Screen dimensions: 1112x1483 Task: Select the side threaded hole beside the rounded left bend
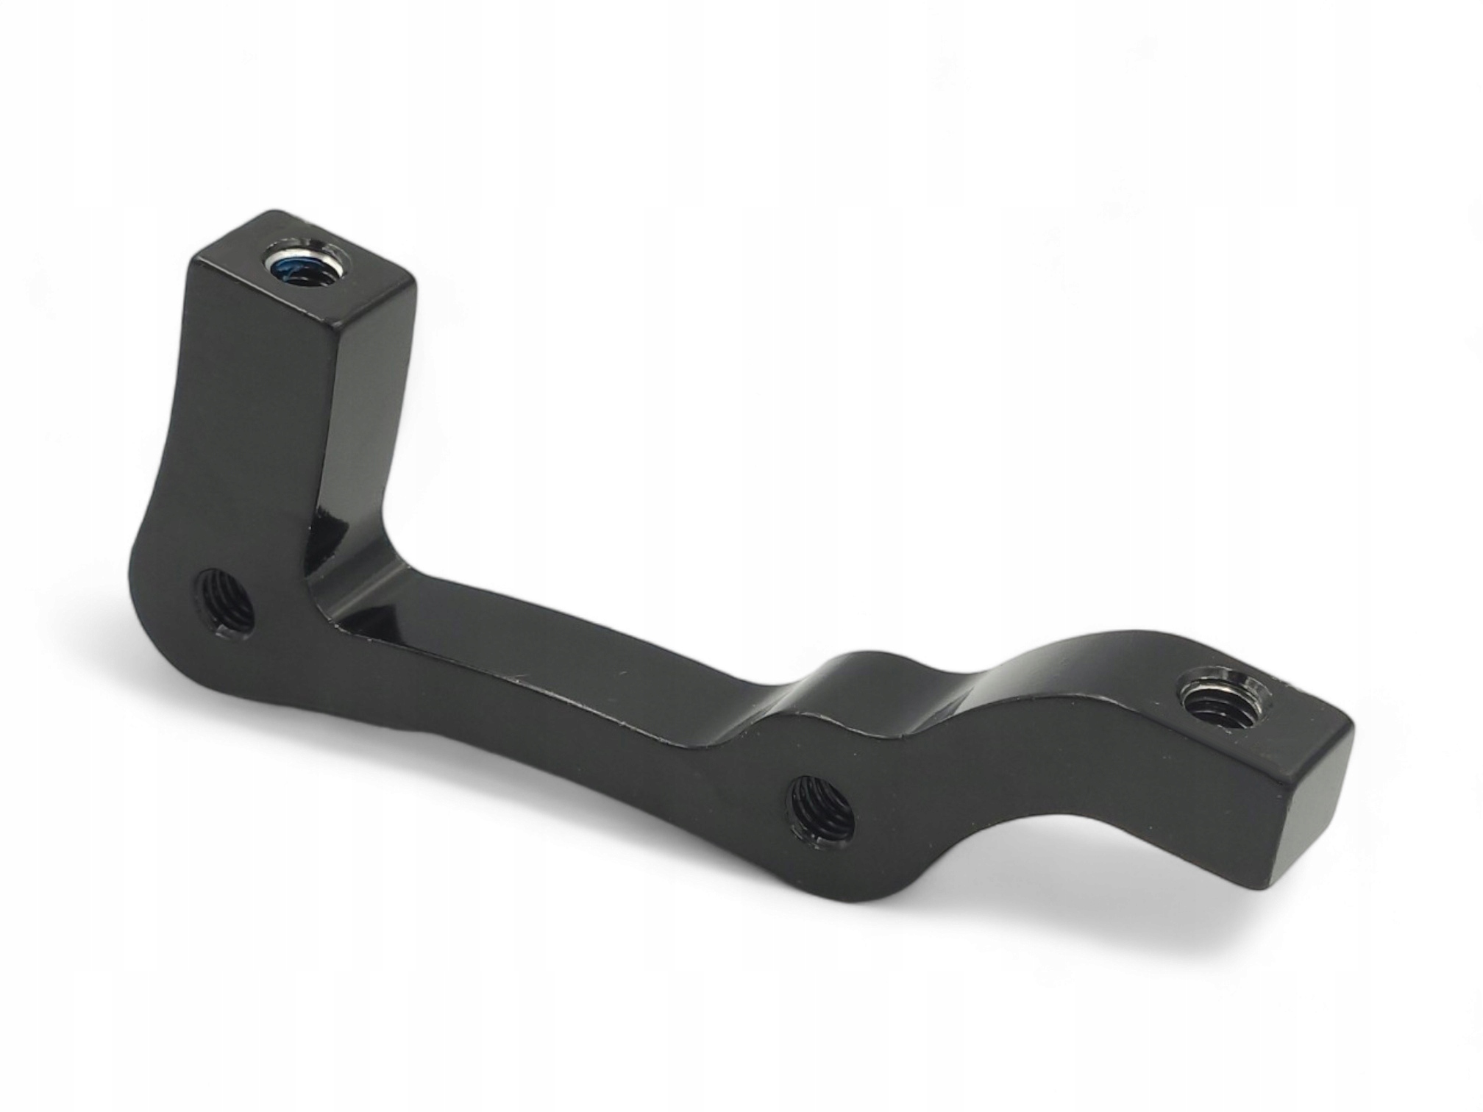click(224, 596)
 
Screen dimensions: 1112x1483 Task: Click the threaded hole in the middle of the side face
click(820, 809)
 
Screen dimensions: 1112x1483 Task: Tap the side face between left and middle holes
click(515, 706)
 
